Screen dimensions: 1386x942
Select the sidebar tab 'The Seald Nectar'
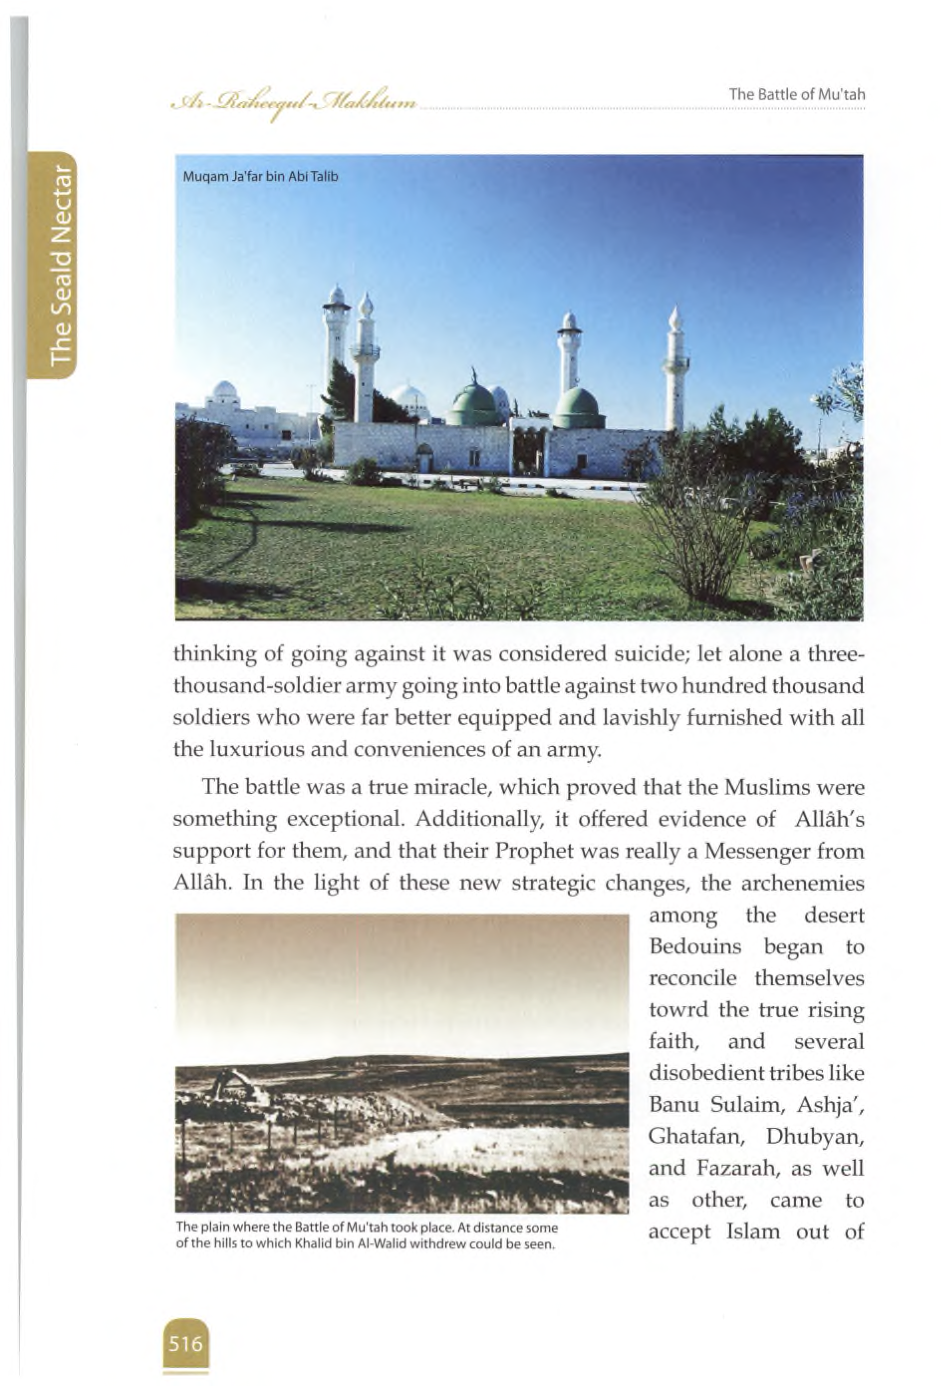pos(62,266)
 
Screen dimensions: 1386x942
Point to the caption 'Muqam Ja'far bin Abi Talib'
pos(261,176)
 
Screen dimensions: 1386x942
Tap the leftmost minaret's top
pos(336,295)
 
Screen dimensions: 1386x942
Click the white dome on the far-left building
pos(224,391)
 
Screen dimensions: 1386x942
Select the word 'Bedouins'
pos(694,946)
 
